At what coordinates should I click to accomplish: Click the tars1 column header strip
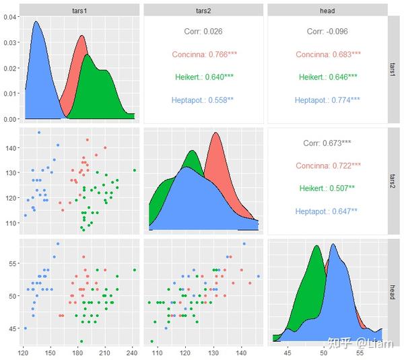pos(79,10)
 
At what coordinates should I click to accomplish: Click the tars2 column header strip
pos(203,10)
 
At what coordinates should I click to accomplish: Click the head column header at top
pos(327,10)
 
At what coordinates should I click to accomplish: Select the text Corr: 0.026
pos(203,32)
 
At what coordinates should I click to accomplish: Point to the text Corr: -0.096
pos(327,32)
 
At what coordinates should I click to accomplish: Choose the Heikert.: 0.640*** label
pos(203,77)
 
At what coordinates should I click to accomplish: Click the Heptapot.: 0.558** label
pos(203,100)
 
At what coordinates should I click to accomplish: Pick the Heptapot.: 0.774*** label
pos(327,100)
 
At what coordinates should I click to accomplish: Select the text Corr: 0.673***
pos(327,143)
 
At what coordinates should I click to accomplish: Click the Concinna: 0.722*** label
pos(327,166)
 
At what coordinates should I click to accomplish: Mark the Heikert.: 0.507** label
pos(327,188)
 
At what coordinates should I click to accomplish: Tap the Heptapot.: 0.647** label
pos(327,211)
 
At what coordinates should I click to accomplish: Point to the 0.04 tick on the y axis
pos(9,17)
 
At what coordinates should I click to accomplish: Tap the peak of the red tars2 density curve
pos(216,133)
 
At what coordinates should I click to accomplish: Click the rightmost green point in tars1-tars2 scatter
pos(135,170)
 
